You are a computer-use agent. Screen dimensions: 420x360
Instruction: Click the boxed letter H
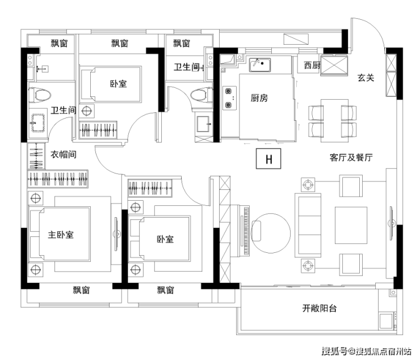(268, 159)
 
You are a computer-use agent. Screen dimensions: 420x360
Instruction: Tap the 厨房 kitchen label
(259, 98)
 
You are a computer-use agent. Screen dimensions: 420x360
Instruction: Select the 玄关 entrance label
(366, 78)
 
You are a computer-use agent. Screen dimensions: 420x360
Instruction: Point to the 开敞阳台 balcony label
(320, 308)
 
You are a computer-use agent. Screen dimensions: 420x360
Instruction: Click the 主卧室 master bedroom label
(61, 235)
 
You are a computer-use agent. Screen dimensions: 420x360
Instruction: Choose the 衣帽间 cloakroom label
(64, 154)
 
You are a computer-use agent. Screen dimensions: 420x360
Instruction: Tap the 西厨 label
(312, 65)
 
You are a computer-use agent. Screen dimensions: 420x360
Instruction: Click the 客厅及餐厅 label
(351, 157)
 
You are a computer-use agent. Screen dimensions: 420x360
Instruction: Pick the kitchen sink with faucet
(259, 65)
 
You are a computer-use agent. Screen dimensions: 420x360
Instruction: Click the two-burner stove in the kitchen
(229, 98)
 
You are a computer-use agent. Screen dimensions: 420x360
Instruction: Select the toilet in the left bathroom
(40, 95)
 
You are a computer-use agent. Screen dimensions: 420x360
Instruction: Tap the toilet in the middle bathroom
(201, 95)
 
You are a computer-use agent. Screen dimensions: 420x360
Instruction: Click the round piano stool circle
(271, 233)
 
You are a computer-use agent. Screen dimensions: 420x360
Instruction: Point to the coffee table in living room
(351, 225)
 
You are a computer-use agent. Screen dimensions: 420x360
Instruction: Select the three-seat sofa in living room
(308, 226)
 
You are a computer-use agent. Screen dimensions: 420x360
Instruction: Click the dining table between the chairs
(334, 121)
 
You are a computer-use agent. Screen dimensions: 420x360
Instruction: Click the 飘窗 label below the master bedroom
(81, 290)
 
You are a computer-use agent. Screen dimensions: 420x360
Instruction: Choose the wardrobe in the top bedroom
(98, 130)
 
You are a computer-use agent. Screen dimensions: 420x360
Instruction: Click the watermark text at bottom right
(367, 351)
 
